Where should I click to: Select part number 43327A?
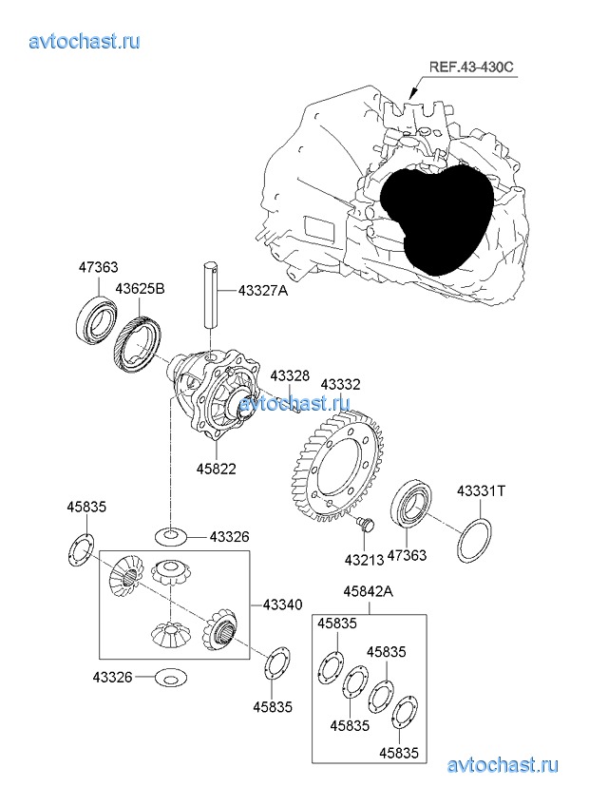(262, 291)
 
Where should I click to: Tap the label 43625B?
(140, 287)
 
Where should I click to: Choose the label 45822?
(218, 469)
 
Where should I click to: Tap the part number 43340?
(282, 604)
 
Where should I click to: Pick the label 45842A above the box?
(368, 591)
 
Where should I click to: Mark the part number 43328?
(290, 376)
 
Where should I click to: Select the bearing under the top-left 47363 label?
(97, 320)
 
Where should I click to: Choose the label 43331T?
(482, 491)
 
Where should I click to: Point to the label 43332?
(340, 383)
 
